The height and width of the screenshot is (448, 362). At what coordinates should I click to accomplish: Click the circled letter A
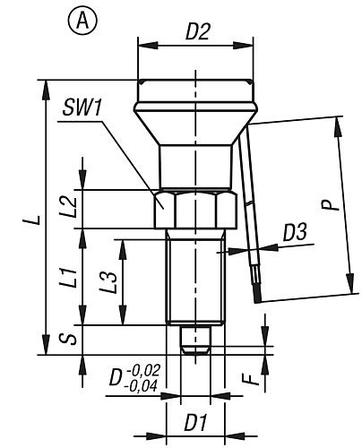82,22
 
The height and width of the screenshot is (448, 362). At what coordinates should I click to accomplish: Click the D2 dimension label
198,31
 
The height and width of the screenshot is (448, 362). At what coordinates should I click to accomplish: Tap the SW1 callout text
82,108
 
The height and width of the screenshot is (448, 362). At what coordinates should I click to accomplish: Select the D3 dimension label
295,232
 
